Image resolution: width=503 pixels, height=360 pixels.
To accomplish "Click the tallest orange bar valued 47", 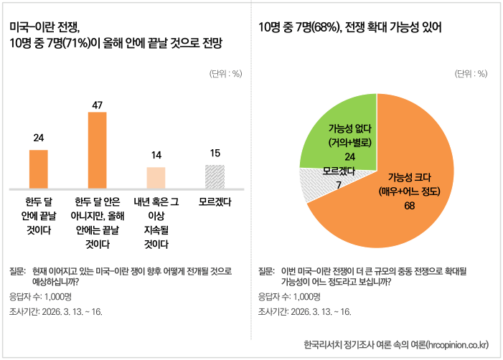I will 97,150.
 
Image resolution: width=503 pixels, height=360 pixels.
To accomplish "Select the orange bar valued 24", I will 38,169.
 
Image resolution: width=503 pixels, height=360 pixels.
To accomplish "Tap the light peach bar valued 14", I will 156,177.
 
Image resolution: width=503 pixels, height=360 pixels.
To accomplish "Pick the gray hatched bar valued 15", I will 215,176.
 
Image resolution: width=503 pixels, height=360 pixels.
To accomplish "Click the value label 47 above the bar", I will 97,105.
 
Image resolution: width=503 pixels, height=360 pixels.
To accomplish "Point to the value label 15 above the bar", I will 215,153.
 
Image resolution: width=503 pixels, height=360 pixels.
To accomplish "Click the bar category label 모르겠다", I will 215,202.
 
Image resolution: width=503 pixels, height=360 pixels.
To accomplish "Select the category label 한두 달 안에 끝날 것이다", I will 39,216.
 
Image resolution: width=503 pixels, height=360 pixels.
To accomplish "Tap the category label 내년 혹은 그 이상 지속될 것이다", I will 156,223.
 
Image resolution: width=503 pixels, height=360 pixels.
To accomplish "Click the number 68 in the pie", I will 409,206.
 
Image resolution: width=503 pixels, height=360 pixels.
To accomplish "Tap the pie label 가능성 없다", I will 350,129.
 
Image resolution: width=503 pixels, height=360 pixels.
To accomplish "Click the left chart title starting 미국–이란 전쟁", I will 116,35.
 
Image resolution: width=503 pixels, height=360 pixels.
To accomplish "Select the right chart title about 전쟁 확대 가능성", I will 350,28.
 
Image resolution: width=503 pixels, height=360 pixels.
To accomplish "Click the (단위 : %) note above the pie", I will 471,73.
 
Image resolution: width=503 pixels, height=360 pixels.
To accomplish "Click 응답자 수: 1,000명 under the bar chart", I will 40,295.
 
